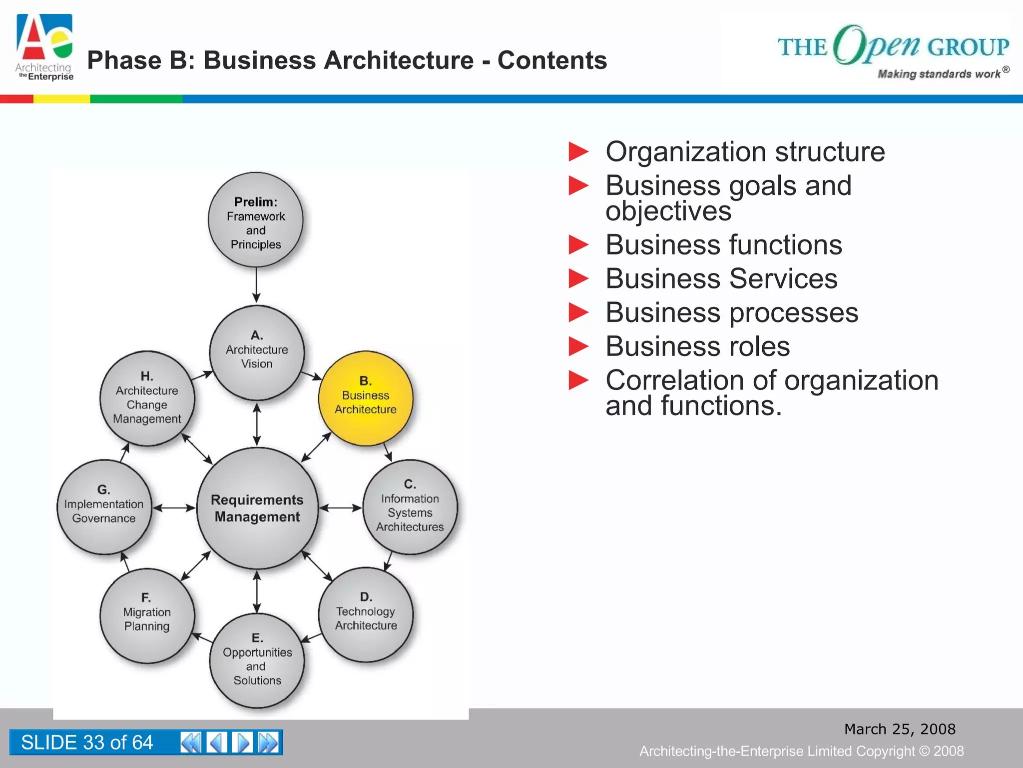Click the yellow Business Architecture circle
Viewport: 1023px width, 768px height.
[366, 398]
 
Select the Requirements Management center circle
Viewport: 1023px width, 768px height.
[257, 508]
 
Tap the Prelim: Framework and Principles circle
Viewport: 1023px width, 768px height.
[256, 220]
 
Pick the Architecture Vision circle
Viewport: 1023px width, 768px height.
[257, 352]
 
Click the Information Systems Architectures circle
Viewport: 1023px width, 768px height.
[410, 507]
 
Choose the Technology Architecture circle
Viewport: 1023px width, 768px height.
[366, 614]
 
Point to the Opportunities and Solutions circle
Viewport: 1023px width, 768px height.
[257, 660]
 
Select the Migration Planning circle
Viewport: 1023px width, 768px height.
[147, 615]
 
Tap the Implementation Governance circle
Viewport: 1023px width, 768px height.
[104, 507]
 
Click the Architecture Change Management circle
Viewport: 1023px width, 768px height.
[147, 398]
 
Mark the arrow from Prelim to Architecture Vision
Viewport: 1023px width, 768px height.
[256, 285]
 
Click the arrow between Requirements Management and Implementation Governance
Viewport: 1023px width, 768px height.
[174, 508]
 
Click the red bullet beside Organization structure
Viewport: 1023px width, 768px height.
[578, 152]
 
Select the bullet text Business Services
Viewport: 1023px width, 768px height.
[721, 278]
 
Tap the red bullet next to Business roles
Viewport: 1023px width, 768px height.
[578, 346]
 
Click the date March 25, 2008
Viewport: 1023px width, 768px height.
[900, 729]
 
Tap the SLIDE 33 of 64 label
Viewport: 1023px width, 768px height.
[87, 742]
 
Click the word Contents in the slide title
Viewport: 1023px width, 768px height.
[552, 60]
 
